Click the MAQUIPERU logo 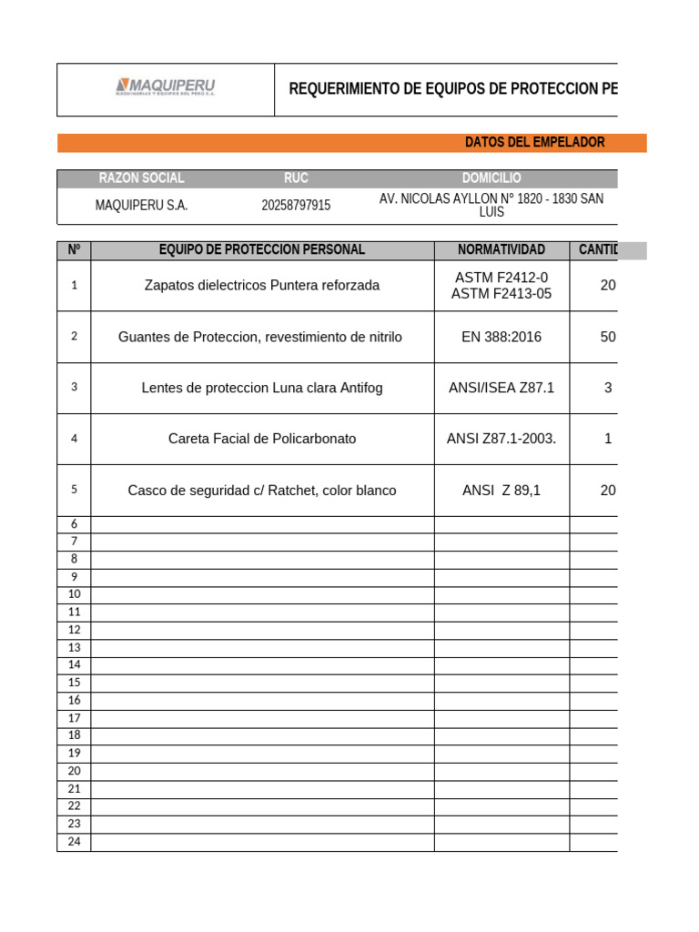click(166, 87)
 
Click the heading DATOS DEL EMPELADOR click(534, 142)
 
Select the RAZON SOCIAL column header click(141, 178)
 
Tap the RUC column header click(296, 178)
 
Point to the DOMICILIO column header click(491, 178)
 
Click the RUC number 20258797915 click(296, 206)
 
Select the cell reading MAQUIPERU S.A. click(141, 206)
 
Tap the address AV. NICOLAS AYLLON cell click(491, 205)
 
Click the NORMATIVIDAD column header click(501, 249)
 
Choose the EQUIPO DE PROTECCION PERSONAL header click(262, 249)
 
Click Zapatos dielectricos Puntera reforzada click(262, 285)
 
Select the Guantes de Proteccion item click(260, 337)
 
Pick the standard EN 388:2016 click(501, 337)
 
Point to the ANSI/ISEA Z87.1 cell click(501, 388)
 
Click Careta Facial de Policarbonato click(262, 439)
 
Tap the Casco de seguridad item click(262, 491)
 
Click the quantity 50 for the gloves click(607, 337)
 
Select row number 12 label click(75, 630)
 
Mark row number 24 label click(75, 841)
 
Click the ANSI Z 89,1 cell click(501, 491)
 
